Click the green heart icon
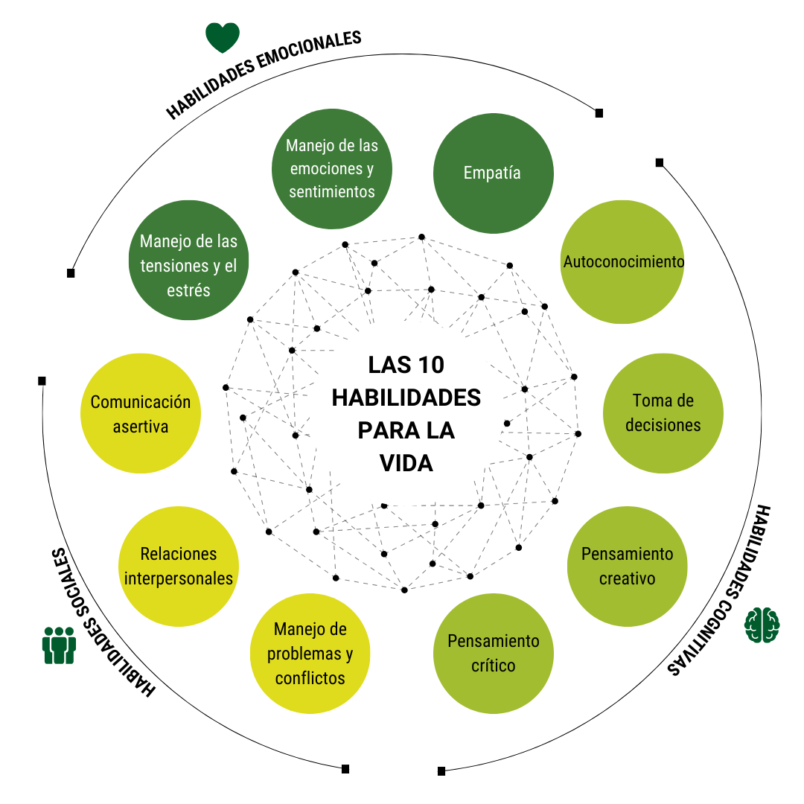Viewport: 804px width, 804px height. click(223, 37)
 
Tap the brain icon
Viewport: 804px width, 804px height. click(762, 625)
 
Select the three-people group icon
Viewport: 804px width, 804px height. click(59, 645)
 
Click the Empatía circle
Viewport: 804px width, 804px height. click(493, 173)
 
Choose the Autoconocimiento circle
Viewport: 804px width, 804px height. click(622, 262)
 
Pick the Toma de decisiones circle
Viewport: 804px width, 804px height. click(663, 413)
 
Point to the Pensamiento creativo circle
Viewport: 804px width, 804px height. click(627, 565)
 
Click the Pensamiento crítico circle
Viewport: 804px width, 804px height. click(494, 653)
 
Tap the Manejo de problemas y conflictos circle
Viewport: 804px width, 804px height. click(310, 653)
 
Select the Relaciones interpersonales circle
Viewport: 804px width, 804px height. click(179, 566)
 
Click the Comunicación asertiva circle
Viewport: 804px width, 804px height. click(141, 413)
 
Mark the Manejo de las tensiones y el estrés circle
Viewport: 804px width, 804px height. click(188, 261)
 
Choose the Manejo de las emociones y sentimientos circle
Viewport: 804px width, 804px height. click(332, 168)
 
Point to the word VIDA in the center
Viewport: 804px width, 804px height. click(406, 463)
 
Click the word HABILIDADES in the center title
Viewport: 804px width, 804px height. click(406, 398)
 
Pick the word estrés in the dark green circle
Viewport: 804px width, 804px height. click(189, 290)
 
